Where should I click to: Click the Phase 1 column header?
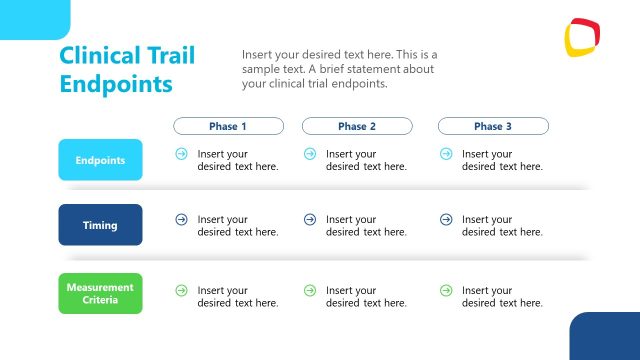point(228,127)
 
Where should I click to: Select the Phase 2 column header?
point(357,127)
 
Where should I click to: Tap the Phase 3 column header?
point(493,127)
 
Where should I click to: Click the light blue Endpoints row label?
point(100,160)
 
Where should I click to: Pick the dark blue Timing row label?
point(100,225)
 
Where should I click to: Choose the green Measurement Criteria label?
point(100,293)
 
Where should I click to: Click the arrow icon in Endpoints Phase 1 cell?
point(181,154)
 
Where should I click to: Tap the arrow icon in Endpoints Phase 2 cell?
point(310,154)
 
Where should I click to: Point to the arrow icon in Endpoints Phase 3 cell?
point(445,154)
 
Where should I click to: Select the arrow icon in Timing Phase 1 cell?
point(181,219)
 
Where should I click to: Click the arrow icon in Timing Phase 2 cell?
point(310,219)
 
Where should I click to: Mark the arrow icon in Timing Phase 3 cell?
point(445,219)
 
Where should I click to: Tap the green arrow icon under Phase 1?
point(181,290)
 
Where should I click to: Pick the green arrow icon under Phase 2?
point(310,290)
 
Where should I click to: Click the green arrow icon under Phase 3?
point(445,290)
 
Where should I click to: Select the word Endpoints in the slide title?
point(116,84)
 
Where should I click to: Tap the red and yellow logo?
point(581,37)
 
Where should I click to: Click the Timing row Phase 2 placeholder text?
point(366,226)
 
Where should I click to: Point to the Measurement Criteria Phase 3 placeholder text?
point(502,297)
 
